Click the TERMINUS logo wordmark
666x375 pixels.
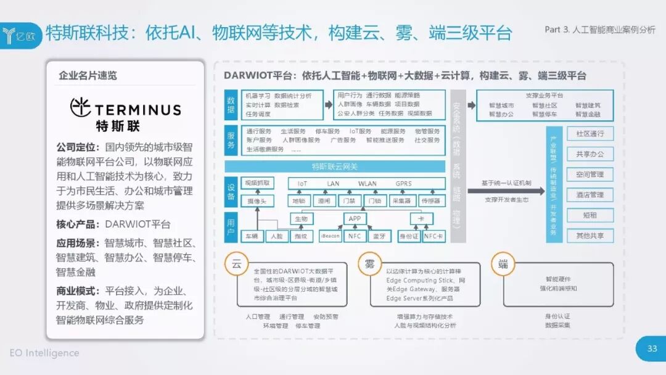[x=126, y=110]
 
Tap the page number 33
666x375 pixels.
[x=652, y=348]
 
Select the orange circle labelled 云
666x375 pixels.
[x=236, y=264]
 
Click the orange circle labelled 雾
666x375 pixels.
[x=369, y=264]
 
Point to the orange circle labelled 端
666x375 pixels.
[x=503, y=264]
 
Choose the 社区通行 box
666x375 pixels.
[x=590, y=134]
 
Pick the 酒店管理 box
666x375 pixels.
[x=590, y=195]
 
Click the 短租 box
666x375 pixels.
[x=590, y=215]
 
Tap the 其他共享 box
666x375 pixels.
[x=590, y=236]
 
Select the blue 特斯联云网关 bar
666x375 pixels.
[x=334, y=167]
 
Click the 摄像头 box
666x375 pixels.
[x=257, y=200]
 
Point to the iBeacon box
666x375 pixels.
[x=331, y=236]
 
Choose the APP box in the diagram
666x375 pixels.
[x=355, y=218]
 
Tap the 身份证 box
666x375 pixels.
[x=408, y=236]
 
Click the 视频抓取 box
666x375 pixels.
[x=257, y=183]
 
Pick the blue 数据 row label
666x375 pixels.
[x=231, y=105]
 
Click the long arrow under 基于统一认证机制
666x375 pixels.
[x=505, y=191]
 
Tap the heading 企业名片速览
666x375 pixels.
[x=88, y=76]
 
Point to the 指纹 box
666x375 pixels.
[x=300, y=236]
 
